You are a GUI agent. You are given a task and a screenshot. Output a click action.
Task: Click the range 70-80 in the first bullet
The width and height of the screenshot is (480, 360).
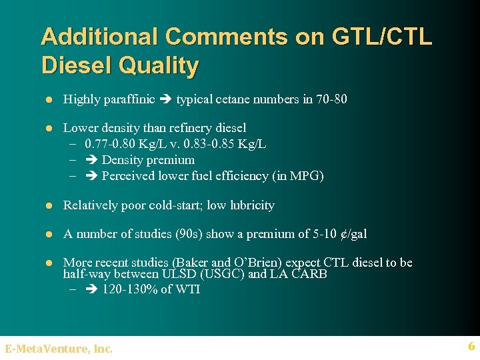(331, 99)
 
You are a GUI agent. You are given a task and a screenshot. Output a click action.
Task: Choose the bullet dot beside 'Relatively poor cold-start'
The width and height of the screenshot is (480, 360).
(49, 205)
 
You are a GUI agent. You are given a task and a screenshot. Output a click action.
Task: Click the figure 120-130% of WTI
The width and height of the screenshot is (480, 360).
(151, 289)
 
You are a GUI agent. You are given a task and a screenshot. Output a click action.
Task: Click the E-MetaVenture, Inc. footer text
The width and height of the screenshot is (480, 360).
(59, 347)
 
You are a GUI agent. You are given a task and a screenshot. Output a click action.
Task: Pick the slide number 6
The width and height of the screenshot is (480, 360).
(471, 346)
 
